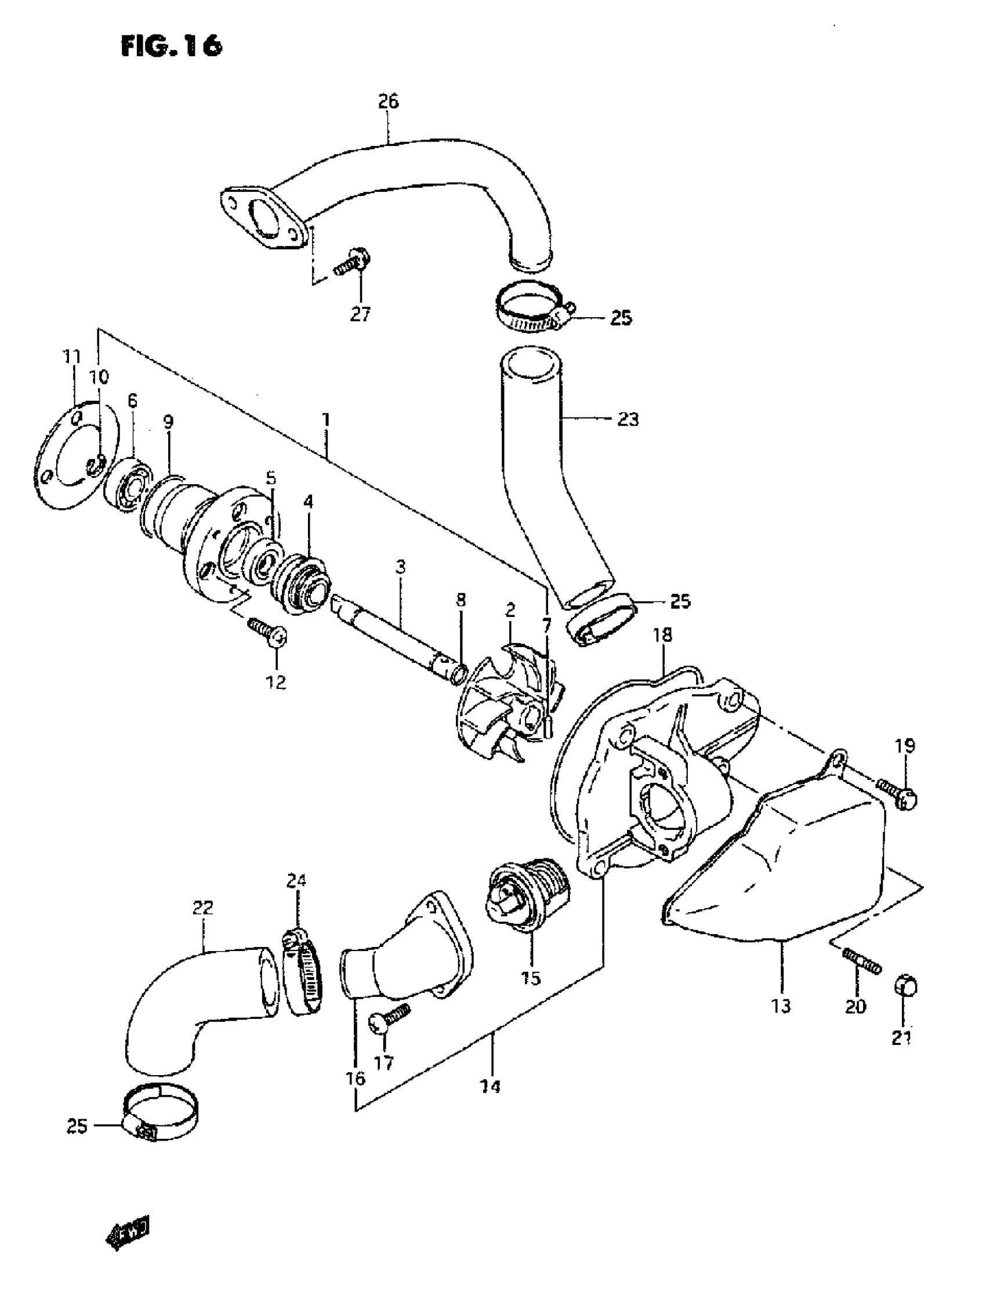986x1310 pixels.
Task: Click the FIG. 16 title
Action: coord(171,46)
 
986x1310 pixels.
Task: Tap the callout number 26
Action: coord(389,102)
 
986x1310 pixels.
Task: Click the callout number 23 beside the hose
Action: coord(628,419)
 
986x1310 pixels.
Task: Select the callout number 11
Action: coord(72,357)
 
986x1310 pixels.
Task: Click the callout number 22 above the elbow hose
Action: coord(202,908)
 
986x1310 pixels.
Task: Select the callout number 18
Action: coord(663,635)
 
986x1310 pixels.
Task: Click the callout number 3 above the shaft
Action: coord(400,567)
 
